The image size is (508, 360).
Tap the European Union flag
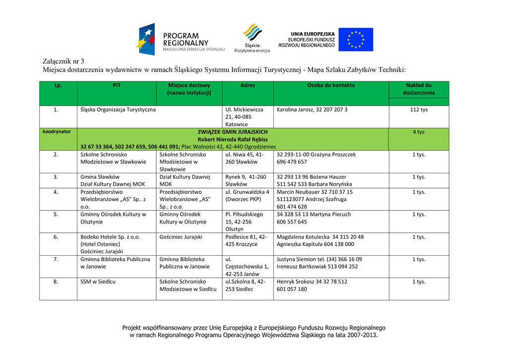355,40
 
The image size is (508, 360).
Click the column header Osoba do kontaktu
331,85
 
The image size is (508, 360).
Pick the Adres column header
248,85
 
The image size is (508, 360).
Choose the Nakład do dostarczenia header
418,89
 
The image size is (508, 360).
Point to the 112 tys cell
418,110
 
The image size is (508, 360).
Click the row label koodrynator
57,132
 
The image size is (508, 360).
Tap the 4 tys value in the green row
418,132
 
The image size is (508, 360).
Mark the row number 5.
56,215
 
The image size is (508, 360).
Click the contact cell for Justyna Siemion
319,263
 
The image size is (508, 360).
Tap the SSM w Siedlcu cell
98,282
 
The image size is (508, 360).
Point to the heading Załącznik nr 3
63,61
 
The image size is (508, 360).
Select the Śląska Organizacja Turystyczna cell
118,110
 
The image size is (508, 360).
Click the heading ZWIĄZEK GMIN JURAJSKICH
233,132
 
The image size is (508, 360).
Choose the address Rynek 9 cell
246,180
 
